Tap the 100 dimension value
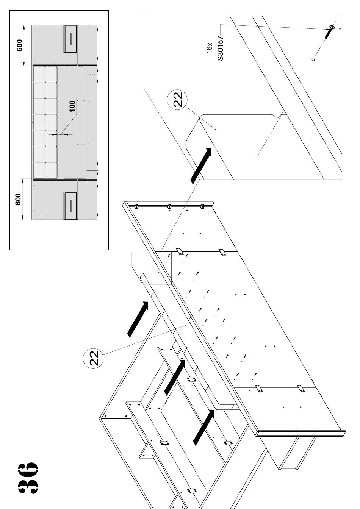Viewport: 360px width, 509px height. pyautogui.click(x=72, y=106)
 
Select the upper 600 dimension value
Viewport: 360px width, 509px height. pyautogui.click(x=20, y=45)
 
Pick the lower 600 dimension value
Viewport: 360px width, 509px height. pyautogui.click(x=18, y=199)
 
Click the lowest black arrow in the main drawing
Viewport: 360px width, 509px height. pyautogui.click(x=203, y=427)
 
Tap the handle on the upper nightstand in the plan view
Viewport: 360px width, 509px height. pyautogui.click(x=70, y=39)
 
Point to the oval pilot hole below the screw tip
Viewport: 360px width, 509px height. pyautogui.click(x=313, y=59)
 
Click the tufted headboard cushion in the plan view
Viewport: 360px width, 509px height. pyautogui.click(x=45, y=122)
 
